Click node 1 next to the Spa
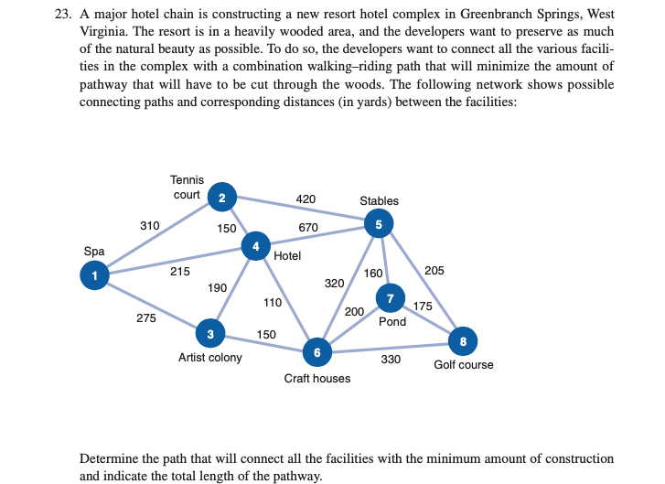click(93, 274)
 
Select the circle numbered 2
click(221, 196)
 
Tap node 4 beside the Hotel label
click(255, 246)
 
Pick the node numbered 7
click(391, 297)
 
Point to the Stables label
click(379, 200)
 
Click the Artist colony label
click(209, 357)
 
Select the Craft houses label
click(316, 378)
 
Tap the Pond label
click(392, 322)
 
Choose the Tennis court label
click(188, 188)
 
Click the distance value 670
click(308, 227)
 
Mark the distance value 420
click(306, 198)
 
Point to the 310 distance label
click(150, 225)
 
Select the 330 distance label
click(391, 359)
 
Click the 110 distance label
click(273, 302)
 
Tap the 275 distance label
click(145, 318)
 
